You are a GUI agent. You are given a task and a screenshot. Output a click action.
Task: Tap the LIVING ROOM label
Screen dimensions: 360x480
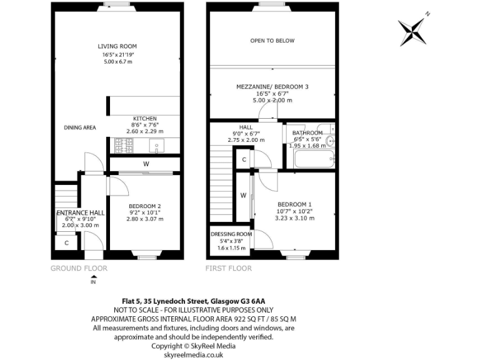[x=117, y=46]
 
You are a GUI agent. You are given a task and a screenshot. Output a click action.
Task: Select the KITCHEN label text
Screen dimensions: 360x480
[x=144, y=118]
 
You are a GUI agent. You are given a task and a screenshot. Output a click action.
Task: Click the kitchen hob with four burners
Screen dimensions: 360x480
[x=124, y=146]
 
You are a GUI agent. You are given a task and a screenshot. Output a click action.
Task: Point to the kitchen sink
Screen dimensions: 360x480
[x=156, y=146]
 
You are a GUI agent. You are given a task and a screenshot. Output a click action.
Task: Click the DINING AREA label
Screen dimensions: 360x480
[x=80, y=127]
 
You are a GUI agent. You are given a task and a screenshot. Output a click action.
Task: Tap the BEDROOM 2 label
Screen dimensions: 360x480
[x=144, y=206]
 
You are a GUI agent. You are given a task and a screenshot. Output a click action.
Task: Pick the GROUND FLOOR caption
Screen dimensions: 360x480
[x=79, y=268]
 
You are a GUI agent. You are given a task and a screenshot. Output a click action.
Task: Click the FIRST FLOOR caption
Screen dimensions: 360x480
[x=229, y=268]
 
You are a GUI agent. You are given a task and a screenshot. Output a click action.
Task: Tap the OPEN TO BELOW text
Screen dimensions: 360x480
[x=272, y=41]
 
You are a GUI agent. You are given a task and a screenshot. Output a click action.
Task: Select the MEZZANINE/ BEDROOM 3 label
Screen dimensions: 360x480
[x=272, y=86]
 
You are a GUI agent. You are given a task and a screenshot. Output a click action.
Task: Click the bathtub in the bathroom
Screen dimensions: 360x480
[x=311, y=160]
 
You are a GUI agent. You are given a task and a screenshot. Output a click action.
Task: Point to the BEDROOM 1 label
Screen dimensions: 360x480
[x=294, y=204]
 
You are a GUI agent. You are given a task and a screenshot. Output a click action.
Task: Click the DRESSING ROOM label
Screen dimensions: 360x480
[x=231, y=234]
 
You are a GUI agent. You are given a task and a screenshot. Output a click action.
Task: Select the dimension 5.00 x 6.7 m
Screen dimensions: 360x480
[x=117, y=61]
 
